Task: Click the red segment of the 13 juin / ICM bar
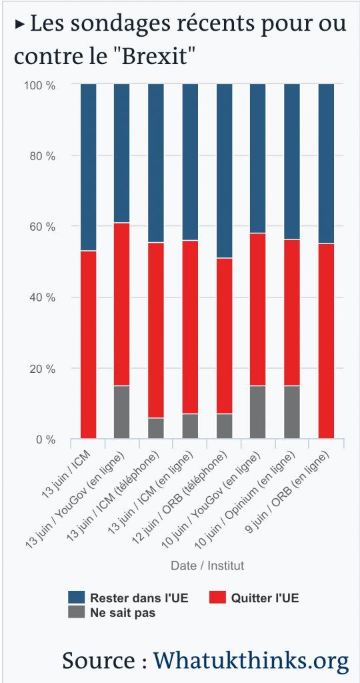88,344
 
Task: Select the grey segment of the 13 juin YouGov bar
121,412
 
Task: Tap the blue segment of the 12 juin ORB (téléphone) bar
223,171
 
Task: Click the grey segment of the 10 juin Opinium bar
292,412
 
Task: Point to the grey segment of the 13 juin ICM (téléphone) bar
155,428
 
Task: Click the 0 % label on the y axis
45,440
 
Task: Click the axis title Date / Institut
207,566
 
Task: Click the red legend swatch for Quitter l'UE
217,598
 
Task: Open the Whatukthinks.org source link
251,660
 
